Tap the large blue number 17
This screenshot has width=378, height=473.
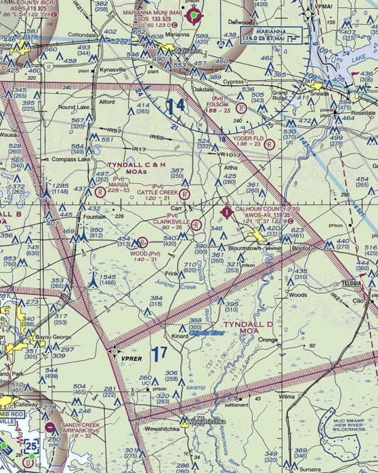[159, 354]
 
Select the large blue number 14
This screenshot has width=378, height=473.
[176, 107]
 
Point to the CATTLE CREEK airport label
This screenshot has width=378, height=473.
[158, 192]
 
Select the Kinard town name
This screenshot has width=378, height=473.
[178, 335]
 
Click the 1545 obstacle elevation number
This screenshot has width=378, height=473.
[107, 276]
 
